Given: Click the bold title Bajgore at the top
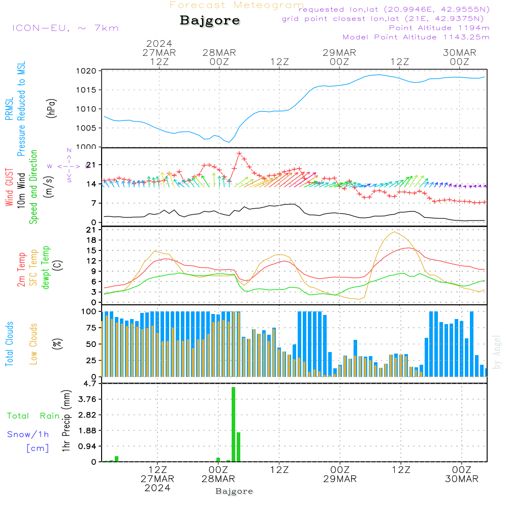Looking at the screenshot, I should tap(210, 21).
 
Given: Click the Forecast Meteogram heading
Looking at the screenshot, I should tap(237, 5).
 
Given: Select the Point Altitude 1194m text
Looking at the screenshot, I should tap(439, 28).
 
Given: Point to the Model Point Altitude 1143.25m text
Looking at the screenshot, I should tap(416, 37).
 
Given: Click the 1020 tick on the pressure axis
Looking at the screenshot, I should tap(87, 71).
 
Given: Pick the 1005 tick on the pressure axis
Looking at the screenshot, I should tap(87, 128).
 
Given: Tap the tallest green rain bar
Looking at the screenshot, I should tap(233, 424).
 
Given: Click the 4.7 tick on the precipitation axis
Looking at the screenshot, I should tap(89, 384).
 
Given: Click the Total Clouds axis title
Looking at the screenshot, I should tap(10, 343).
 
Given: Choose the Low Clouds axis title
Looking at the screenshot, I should tap(34, 343).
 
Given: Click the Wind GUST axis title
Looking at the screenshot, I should tap(10, 188).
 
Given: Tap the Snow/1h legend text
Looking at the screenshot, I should tap(28, 434).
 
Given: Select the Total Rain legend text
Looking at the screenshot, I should tap(33, 416).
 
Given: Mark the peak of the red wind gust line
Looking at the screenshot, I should tap(239, 153).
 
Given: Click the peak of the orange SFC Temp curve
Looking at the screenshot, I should tap(394, 232).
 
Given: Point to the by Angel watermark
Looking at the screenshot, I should tap(497, 352).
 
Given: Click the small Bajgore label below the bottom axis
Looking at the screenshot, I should tap(234, 491).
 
